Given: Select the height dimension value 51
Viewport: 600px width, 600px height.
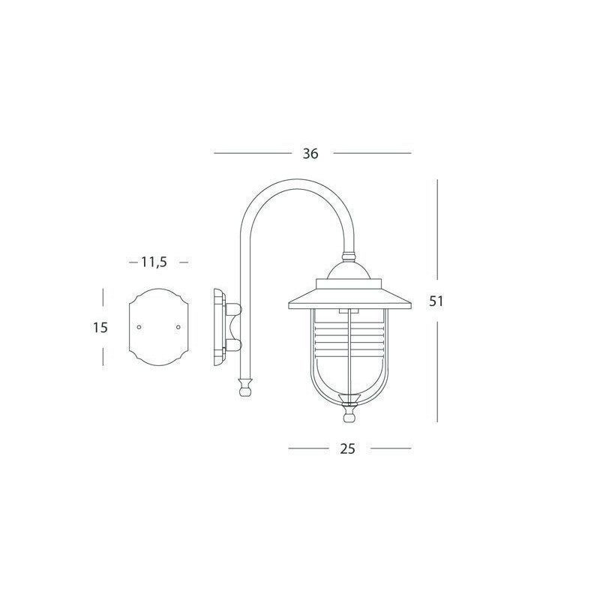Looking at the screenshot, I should point(437,301).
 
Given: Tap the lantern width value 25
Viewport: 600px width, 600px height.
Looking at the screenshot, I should point(346,448).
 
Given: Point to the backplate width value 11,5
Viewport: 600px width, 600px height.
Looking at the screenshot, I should point(153,262).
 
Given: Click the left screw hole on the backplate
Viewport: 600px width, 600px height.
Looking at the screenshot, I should point(140,327).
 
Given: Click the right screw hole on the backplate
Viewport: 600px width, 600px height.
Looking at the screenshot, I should point(178,327).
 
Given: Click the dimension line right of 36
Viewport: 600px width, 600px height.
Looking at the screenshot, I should point(372,153).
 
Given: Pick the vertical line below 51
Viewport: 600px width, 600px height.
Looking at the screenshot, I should point(437,367).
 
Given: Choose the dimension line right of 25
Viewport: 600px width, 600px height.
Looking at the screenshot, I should point(391,448).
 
